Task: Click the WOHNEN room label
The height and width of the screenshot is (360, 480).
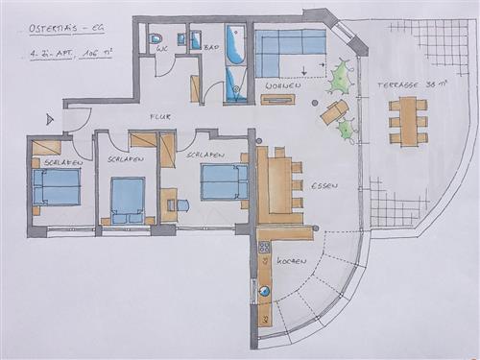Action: pos(282,86)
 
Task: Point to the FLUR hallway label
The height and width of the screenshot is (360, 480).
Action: pos(159,116)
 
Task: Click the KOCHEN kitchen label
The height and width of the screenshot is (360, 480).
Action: pos(291,261)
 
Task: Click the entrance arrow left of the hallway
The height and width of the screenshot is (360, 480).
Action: pos(50,118)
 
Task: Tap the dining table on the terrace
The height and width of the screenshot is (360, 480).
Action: pos(409,121)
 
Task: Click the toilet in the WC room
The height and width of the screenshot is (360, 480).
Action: pos(156,40)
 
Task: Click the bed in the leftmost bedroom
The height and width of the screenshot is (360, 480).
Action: pos(58,187)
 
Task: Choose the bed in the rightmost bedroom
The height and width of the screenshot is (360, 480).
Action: pos(223,182)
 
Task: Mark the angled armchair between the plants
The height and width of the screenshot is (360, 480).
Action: pos(333,111)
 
